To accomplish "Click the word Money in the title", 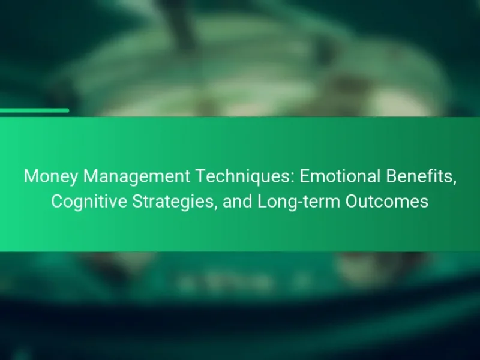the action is [51, 176].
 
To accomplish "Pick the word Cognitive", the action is [89, 202].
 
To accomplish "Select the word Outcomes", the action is [387, 201].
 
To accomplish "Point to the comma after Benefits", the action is [454, 183].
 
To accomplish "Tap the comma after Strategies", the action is [215, 208].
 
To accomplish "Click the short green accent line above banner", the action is [34, 110].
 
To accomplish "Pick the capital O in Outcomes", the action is [352, 201].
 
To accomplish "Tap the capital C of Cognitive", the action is [57, 201].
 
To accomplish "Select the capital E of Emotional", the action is [305, 176].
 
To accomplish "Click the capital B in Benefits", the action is [391, 176].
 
